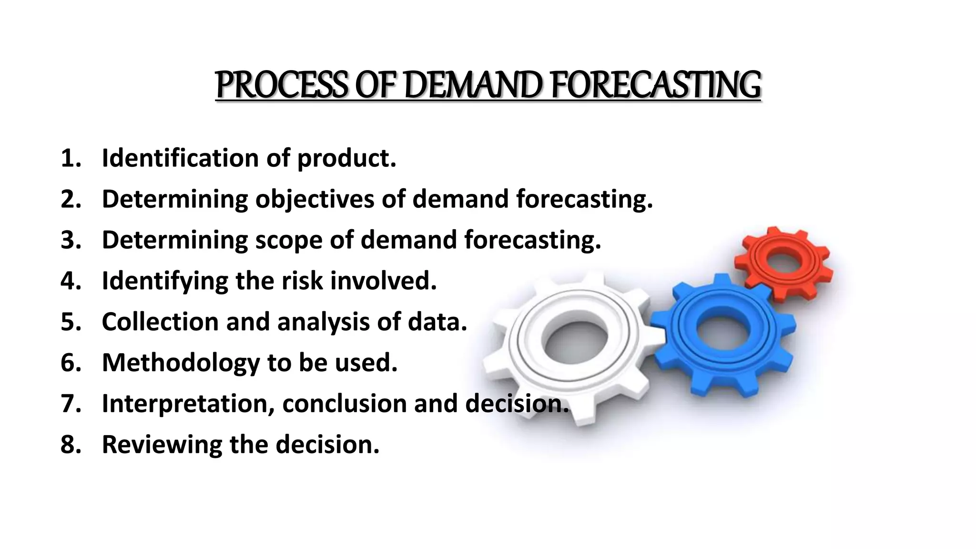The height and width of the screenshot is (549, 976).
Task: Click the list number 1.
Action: (70, 158)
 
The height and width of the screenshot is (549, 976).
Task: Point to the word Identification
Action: (180, 158)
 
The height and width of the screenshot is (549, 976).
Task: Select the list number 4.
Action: (70, 281)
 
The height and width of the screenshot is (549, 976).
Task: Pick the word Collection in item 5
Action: (160, 322)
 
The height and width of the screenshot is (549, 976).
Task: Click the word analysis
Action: (324, 322)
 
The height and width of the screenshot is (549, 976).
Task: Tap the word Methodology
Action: (181, 363)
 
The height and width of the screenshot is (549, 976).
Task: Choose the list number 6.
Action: (70, 363)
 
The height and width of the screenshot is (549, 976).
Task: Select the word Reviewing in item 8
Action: (162, 445)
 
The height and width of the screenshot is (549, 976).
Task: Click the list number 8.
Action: (70, 445)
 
